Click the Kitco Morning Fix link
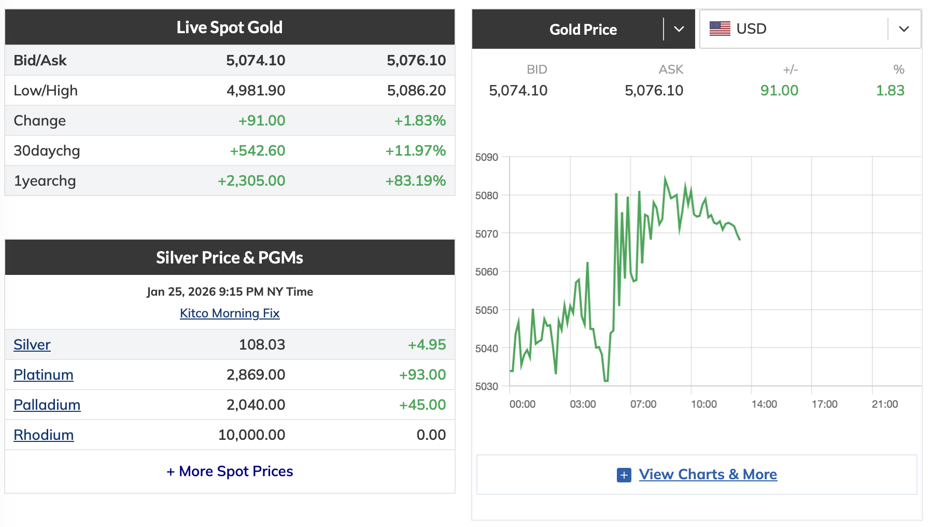[x=230, y=313]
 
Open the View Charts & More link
[x=708, y=474]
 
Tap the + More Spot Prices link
[x=230, y=471]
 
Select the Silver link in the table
[x=32, y=344]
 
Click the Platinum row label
[x=44, y=375]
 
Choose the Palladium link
[x=47, y=405]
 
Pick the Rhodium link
[x=44, y=435]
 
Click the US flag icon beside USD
[x=720, y=29]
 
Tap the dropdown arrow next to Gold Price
[x=679, y=29]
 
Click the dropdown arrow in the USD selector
[x=904, y=29]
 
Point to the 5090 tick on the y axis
[x=487, y=157]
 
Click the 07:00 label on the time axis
[x=643, y=404]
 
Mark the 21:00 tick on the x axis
[x=885, y=404]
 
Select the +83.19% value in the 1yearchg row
[x=415, y=181]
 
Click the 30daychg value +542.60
[x=258, y=150]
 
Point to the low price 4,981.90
[x=256, y=90]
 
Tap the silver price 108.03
[x=262, y=344]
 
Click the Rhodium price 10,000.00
[x=251, y=435]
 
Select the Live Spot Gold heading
[x=230, y=27]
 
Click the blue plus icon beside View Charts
[x=624, y=475]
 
